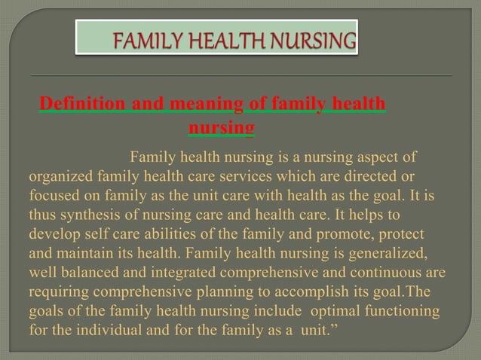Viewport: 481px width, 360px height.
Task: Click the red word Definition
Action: coord(83,103)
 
